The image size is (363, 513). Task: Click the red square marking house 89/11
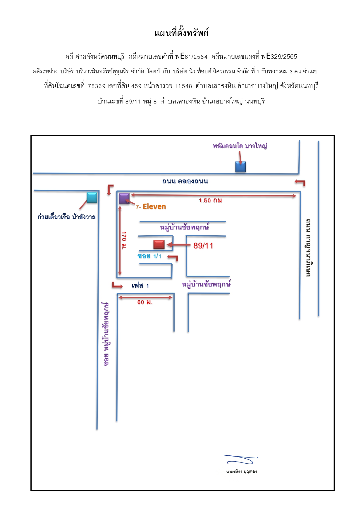pyautogui.click(x=159, y=244)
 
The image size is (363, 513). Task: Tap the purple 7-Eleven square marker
pyautogui.click(x=124, y=198)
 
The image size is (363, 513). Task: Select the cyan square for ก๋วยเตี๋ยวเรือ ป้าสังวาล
pyautogui.click(x=92, y=197)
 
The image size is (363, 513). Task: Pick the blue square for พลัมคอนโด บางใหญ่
pyautogui.click(x=240, y=167)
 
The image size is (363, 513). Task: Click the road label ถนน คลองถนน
pyautogui.click(x=185, y=181)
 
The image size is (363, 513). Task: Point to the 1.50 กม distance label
pyautogui.click(x=210, y=201)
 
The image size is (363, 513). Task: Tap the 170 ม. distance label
pyautogui.click(x=124, y=240)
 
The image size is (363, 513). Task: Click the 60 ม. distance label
pyautogui.click(x=145, y=302)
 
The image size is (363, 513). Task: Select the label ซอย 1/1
pyautogui.click(x=149, y=256)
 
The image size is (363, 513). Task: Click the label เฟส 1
pyautogui.click(x=140, y=286)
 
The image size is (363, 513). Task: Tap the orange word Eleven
pyautogui.click(x=154, y=207)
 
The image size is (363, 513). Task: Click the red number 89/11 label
pyautogui.click(x=203, y=246)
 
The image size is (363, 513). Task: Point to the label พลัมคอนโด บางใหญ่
pyautogui.click(x=240, y=146)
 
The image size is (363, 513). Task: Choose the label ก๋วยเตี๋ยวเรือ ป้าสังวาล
pyautogui.click(x=66, y=217)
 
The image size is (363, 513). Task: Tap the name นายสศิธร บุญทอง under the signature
pyautogui.click(x=241, y=471)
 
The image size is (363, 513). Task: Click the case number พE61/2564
pyautogui.click(x=191, y=56)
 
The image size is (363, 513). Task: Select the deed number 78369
pyautogui.click(x=97, y=86)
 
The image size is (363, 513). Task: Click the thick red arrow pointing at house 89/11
pyautogui.click(x=179, y=245)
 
